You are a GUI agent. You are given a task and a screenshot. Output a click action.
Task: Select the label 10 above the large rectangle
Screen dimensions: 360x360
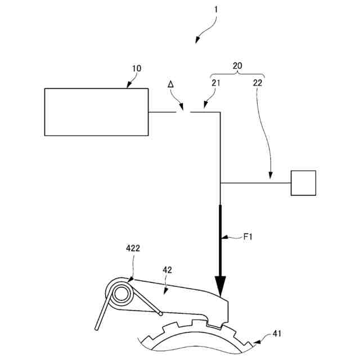[137, 69]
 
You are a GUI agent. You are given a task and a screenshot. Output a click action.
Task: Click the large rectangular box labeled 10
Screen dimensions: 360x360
[96, 111]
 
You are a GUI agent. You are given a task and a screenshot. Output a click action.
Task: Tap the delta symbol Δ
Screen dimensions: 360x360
[171, 84]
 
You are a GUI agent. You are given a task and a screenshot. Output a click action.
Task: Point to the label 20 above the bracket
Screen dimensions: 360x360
[237, 66]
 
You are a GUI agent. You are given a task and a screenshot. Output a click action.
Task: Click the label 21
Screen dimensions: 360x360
[217, 83]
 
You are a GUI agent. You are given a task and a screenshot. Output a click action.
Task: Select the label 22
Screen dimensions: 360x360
[257, 83]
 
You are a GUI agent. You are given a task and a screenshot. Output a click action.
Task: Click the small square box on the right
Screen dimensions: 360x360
[303, 183]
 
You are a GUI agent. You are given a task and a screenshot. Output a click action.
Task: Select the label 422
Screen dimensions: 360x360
[133, 248]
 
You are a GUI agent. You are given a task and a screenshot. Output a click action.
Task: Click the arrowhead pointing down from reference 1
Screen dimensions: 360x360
[197, 40]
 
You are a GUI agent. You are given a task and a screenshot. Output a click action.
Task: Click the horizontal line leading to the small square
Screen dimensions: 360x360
[255, 183]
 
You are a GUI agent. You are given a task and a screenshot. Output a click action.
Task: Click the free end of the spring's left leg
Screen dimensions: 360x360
[98, 328]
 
